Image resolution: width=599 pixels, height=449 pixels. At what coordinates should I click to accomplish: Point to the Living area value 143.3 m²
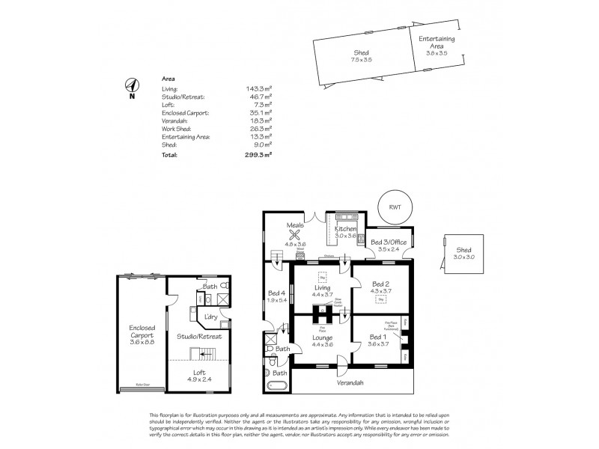coord(259,89)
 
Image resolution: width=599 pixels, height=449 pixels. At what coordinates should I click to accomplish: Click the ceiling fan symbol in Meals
coord(294,234)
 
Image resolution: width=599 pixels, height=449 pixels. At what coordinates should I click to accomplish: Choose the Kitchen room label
coord(345,228)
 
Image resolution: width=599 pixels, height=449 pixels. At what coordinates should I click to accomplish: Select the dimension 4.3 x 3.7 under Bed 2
coord(381,290)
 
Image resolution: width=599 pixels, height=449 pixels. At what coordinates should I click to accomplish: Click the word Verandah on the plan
coord(350,383)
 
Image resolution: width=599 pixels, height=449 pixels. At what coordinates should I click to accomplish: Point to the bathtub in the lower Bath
coord(279,386)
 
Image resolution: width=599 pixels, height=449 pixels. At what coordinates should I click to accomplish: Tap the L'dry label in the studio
coord(212,317)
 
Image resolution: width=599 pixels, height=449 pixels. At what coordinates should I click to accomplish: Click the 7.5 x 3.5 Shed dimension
coord(363,61)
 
